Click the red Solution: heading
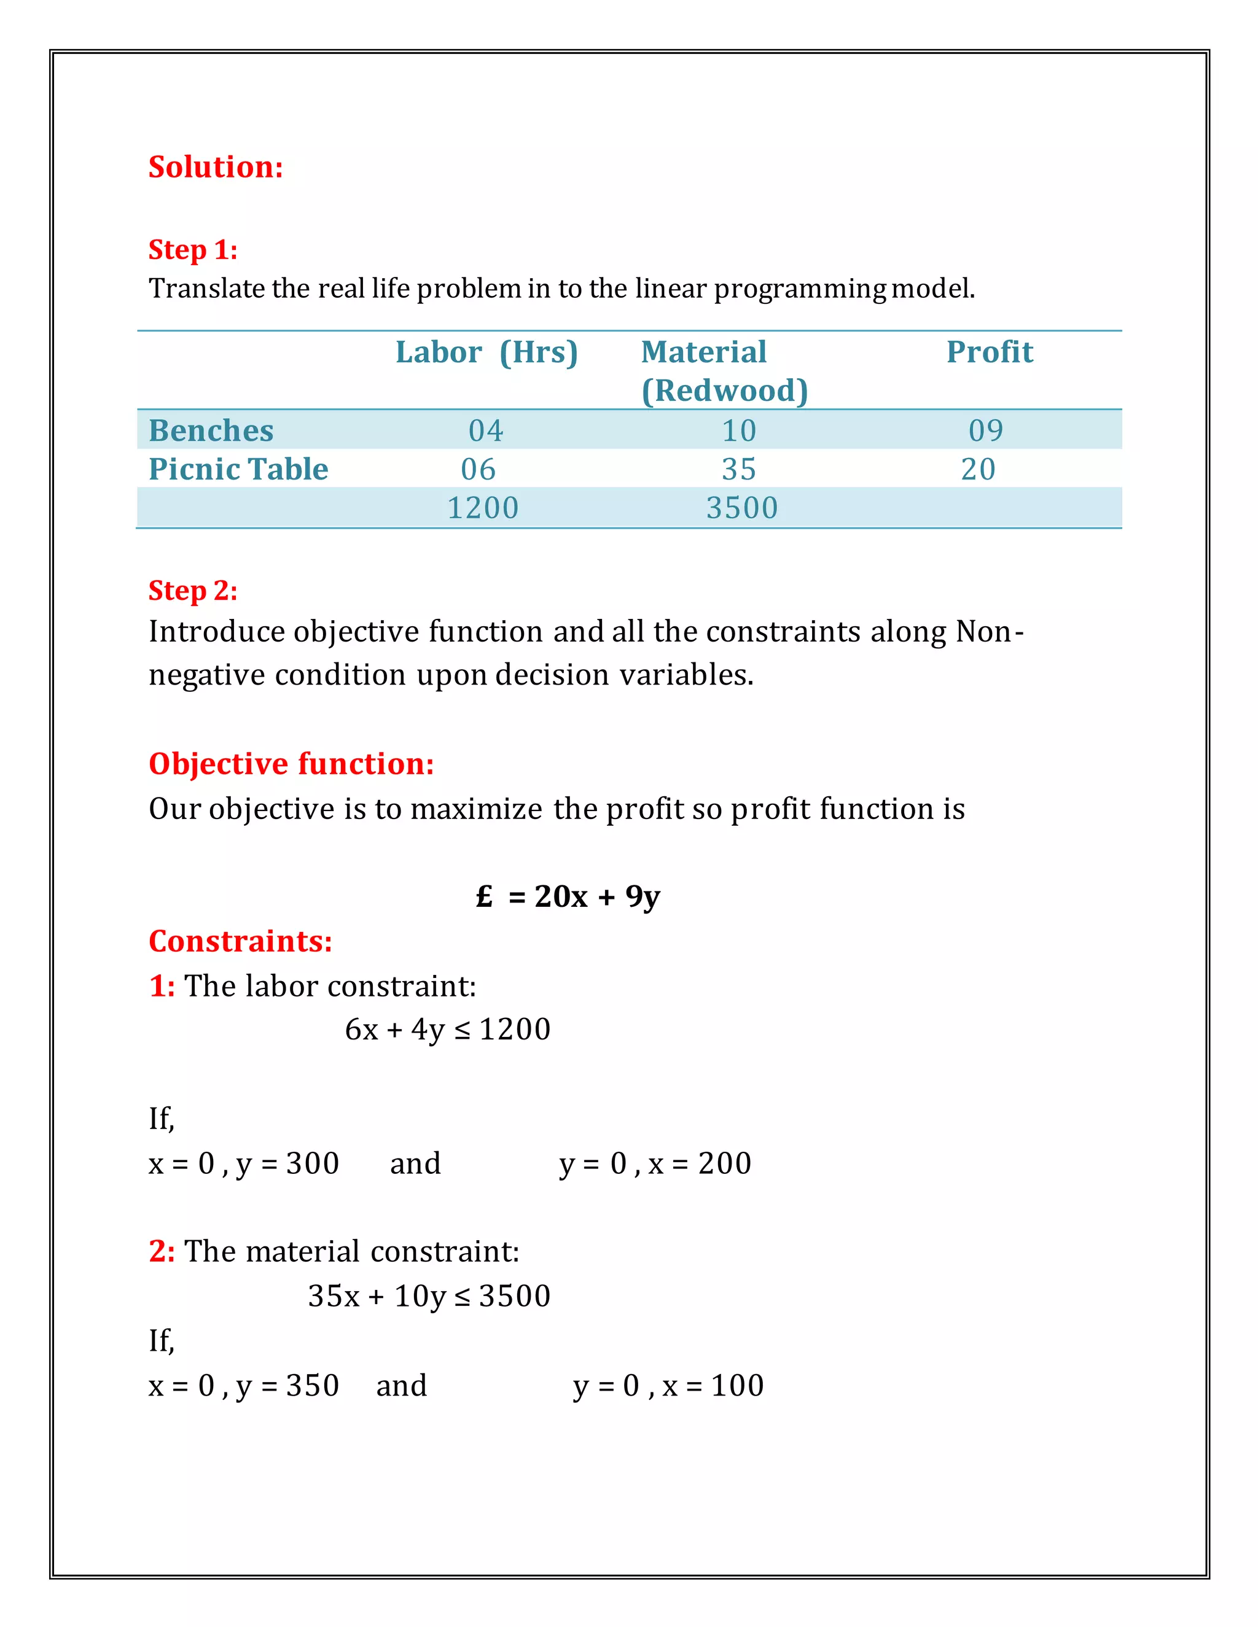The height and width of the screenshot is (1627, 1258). pos(216,167)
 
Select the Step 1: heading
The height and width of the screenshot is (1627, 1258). pos(192,249)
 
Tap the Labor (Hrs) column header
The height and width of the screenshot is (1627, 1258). pos(486,352)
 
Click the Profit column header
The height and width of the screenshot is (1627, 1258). pos(989,352)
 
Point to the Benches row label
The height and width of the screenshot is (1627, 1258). pos(211,430)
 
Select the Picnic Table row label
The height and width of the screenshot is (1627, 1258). pos(238,469)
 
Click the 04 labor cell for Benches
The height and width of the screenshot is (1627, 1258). pos(486,430)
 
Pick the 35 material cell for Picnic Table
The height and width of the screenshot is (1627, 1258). pos(738,469)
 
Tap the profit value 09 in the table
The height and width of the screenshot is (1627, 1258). pos(985,430)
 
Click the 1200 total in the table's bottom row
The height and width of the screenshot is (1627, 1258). pos(482,508)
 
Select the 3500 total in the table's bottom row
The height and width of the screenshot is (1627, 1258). pos(741,508)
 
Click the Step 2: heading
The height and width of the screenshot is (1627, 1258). pos(192,591)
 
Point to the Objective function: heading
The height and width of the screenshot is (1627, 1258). pos(291,764)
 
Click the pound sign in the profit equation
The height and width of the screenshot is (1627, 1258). pos(485,896)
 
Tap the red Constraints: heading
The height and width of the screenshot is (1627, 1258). pos(240,942)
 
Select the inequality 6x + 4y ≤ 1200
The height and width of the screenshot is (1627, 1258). pos(447,1030)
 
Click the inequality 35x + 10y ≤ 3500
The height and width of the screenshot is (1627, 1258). pos(429,1296)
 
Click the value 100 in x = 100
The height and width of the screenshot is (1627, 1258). pos(737,1386)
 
